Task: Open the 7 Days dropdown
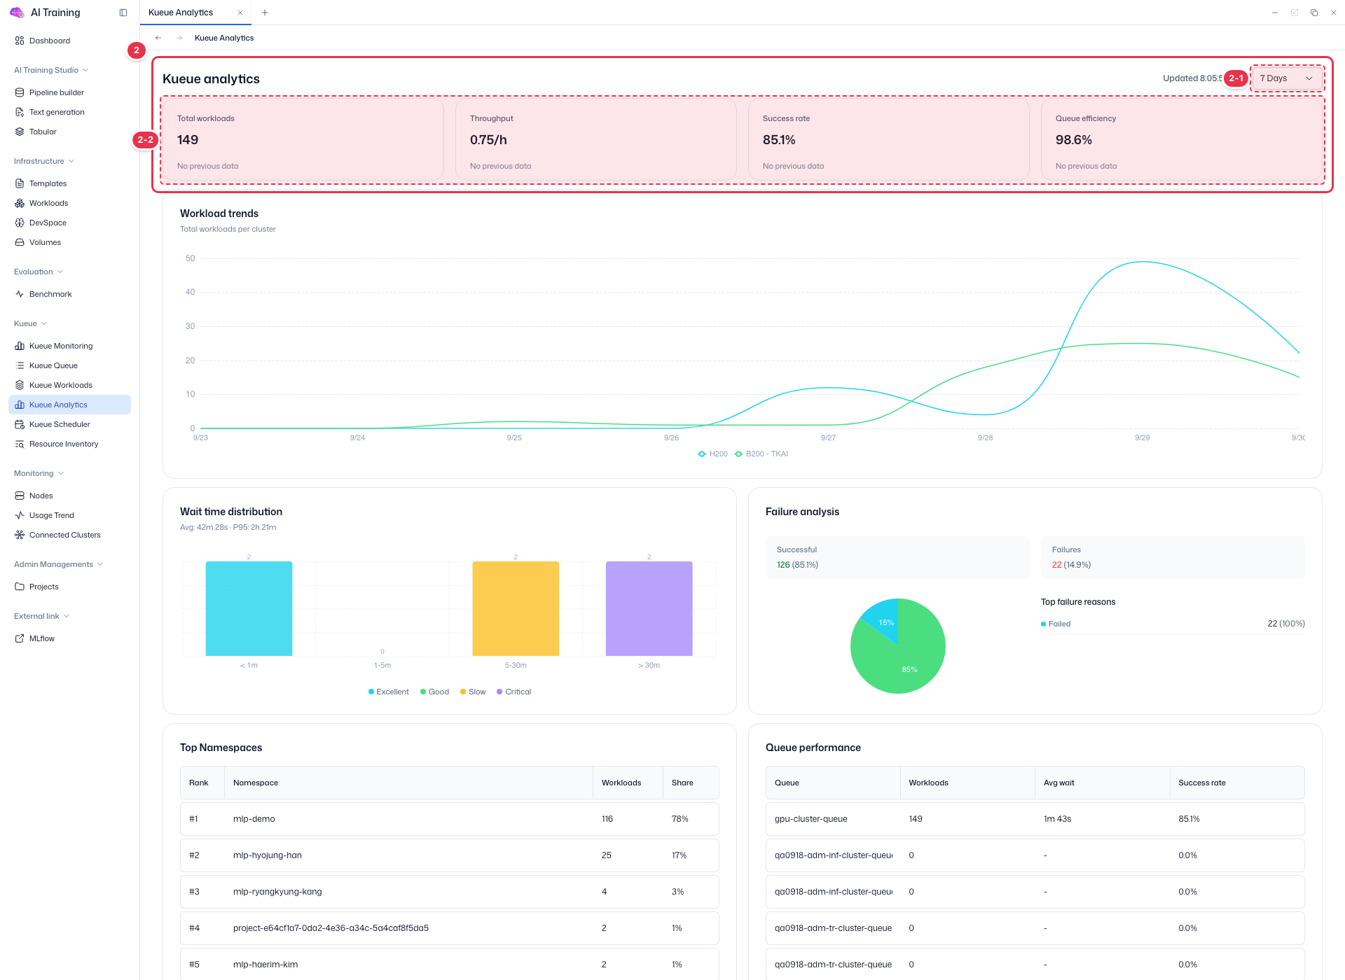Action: [x=1286, y=78]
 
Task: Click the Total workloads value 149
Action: [x=188, y=140]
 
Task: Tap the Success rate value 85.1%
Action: [x=779, y=140]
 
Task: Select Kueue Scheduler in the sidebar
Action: [x=60, y=424]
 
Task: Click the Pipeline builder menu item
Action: [x=57, y=92]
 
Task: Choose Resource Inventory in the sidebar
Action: [x=64, y=444]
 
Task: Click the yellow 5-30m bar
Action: [x=516, y=608]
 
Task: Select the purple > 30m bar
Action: [x=649, y=608]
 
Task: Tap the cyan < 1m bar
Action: [x=249, y=608]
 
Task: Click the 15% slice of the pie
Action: [x=883, y=619]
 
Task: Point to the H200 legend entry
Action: [x=712, y=454]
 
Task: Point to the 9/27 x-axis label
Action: [x=828, y=437]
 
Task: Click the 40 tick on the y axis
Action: [x=190, y=292]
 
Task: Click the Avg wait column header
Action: [x=1058, y=783]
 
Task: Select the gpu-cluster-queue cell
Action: [x=811, y=819]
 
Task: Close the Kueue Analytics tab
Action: [x=240, y=13]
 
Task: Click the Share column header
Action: [x=682, y=783]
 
